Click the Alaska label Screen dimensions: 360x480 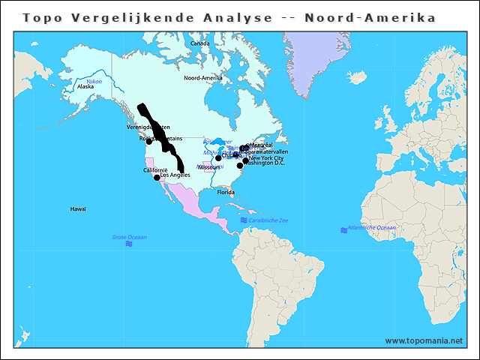[x=85, y=86]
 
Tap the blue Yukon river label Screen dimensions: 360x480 [x=94, y=81]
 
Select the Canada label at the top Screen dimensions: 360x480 [x=199, y=43]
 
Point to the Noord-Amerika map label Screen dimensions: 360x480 [x=203, y=77]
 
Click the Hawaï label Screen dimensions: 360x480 [x=78, y=208]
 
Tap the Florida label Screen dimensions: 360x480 [x=226, y=193]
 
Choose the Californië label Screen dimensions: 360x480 [x=155, y=170]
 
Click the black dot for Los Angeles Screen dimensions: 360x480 [x=157, y=178]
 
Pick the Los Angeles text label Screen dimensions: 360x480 [x=175, y=175]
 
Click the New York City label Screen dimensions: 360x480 [x=266, y=158]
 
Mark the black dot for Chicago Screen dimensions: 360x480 [x=218, y=158]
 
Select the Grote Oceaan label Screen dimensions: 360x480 [x=129, y=237]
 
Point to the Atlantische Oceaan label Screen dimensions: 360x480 [x=374, y=227]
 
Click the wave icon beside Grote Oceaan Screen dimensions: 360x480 [x=130, y=244]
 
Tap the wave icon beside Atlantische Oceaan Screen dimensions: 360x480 [x=343, y=229]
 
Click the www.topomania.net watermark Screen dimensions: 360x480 [x=424, y=341]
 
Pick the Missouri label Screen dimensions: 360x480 [x=209, y=167]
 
